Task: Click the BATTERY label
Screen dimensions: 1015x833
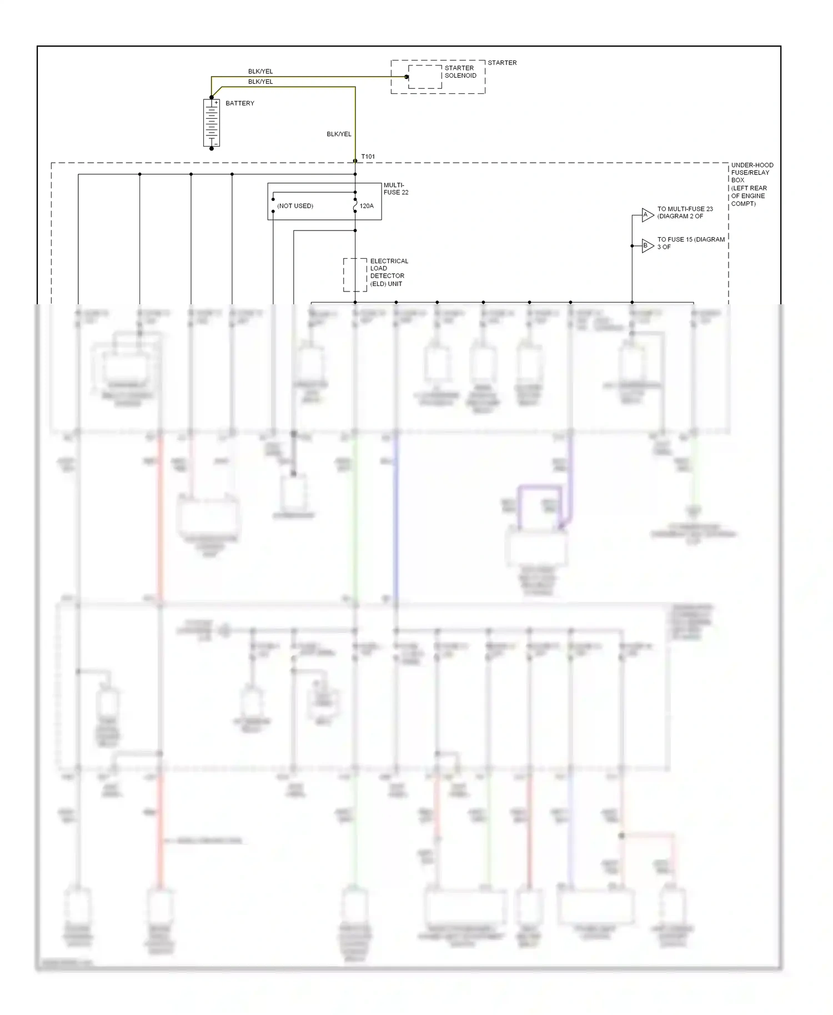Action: coord(240,103)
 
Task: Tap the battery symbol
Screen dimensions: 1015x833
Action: coord(212,123)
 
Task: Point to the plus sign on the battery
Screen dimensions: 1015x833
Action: coord(216,103)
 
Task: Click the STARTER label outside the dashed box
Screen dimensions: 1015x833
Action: coord(502,63)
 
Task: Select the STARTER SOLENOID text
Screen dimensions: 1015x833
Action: coord(460,72)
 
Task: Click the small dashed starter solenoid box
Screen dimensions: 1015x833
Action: coord(425,77)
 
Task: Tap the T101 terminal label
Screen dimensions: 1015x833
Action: coord(368,157)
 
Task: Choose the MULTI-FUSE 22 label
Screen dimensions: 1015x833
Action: coord(396,189)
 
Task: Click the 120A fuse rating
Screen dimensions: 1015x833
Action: coord(367,206)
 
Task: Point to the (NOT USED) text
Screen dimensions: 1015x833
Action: coord(295,206)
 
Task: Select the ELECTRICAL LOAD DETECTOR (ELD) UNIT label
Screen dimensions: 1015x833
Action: coord(389,272)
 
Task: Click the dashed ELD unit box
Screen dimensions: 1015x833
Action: coord(355,274)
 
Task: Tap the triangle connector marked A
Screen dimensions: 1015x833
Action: coord(648,215)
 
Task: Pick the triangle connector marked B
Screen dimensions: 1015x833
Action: coord(648,245)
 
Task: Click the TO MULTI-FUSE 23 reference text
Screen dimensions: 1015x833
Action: coord(685,213)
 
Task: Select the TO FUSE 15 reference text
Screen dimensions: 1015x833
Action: coord(691,243)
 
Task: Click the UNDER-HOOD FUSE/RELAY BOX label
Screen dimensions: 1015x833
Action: coord(752,184)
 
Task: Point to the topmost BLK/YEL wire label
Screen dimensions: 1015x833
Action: coord(260,72)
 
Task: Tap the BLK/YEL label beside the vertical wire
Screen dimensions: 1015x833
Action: coord(339,134)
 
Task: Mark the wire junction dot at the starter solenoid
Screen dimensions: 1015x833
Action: coord(407,77)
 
